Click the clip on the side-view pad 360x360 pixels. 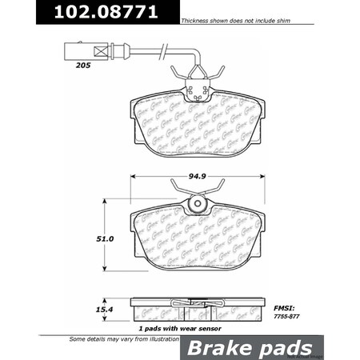tap(193, 305)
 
